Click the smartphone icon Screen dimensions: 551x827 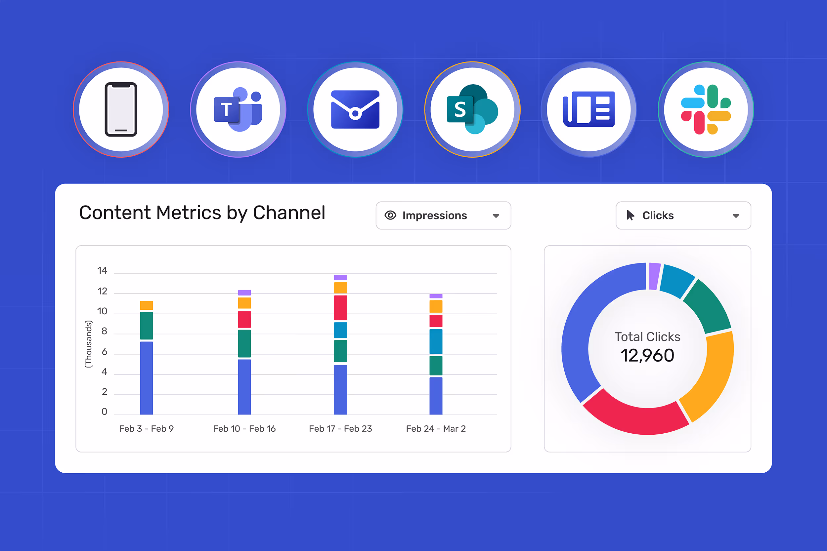tap(121, 109)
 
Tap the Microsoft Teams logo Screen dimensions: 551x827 tap(238, 109)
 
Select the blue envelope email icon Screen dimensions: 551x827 tap(355, 109)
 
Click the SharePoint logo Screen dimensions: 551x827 tap(472, 109)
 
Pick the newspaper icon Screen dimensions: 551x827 tap(588, 109)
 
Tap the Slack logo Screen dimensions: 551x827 tap(706, 109)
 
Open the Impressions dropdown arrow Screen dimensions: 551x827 tap(496, 216)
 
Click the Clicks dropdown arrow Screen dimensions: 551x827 tap(736, 216)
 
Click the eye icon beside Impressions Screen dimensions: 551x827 tap(390, 216)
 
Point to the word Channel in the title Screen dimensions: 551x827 tap(289, 213)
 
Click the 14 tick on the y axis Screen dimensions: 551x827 tap(102, 271)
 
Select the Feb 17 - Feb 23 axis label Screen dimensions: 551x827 tap(340, 429)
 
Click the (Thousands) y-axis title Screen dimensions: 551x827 tap(88, 344)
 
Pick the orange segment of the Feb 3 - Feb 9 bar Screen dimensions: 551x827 tap(146, 305)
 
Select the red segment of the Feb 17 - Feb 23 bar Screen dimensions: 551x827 tap(340, 308)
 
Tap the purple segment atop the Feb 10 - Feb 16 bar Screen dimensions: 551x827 tap(244, 293)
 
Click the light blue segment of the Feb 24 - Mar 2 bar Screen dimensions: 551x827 tap(436, 341)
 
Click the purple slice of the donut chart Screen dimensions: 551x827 tap(654, 276)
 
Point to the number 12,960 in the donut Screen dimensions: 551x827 tap(647, 356)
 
